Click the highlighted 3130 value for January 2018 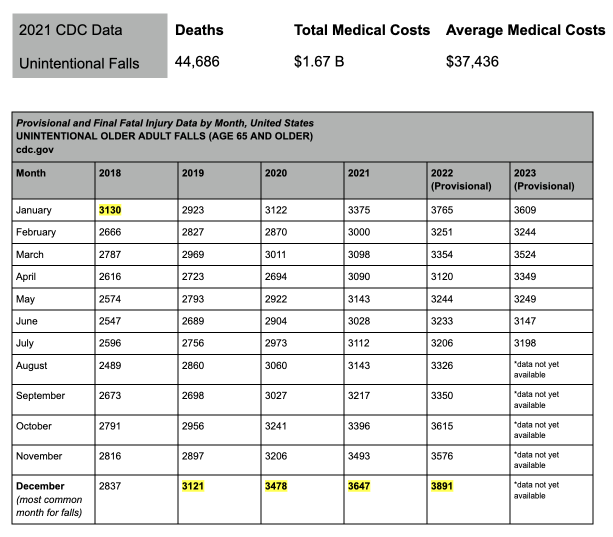coord(110,210)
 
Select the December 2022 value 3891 coord(442,486)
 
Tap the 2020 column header coord(276,173)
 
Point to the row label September coord(40,395)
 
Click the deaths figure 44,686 coord(197,61)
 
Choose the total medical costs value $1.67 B coord(319,61)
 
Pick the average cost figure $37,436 coord(472,61)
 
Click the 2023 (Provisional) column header coord(544,179)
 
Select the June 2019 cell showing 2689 coord(193,321)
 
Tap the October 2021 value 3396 coord(359,426)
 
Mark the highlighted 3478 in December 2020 coord(276,486)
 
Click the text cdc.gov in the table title coord(35,149)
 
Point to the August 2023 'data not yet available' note coord(536,369)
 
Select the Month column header coord(31,173)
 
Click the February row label coord(36,232)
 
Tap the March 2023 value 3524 coord(525,254)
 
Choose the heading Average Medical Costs coord(525,30)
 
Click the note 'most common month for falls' coord(49,506)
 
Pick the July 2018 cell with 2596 coord(110,343)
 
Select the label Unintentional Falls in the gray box coord(79,63)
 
